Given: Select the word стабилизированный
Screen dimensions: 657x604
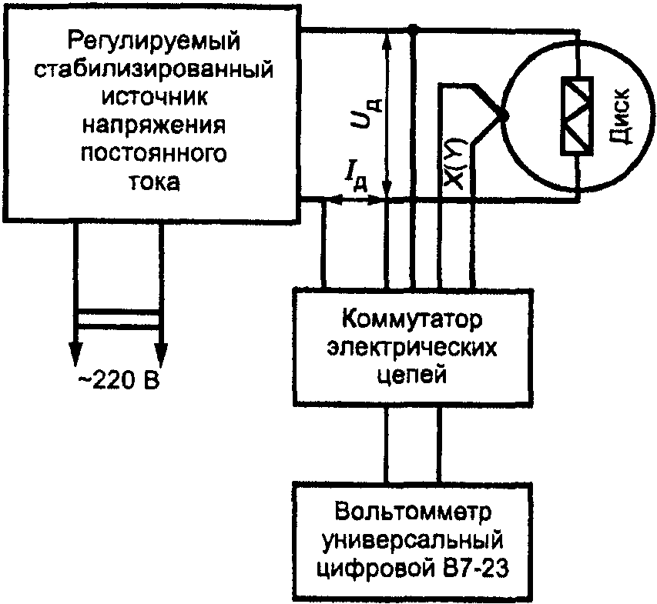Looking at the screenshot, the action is pyautogui.click(x=153, y=69).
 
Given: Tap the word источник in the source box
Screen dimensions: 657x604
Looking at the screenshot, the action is pyautogui.click(x=154, y=98).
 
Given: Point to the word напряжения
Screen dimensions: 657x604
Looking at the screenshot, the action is pyautogui.click(x=154, y=125).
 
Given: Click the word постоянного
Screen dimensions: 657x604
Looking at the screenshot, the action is pyautogui.click(x=154, y=154).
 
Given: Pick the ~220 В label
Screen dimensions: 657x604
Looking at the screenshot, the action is pyautogui.click(x=119, y=381).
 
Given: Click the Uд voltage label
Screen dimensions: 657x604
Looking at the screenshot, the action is pyautogui.click(x=365, y=112).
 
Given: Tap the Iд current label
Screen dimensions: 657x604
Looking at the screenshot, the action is pyautogui.click(x=356, y=180).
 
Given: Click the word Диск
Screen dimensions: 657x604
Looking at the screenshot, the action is pyautogui.click(x=619, y=115).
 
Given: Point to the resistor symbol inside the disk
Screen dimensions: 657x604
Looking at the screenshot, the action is pyautogui.click(x=577, y=116).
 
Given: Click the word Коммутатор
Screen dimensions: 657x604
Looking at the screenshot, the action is pyautogui.click(x=412, y=320).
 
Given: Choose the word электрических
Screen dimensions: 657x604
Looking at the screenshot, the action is pyautogui.click(x=412, y=348).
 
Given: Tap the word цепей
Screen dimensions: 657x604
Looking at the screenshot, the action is pyautogui.click(x=412, y=375).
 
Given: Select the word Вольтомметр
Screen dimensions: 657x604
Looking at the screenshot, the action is pyautogui.click(x=413, y=512).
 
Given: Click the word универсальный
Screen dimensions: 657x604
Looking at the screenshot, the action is pyautogui.click(x=413, y=540).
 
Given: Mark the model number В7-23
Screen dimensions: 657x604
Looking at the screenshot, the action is pyautogui.click(x=474, y=568).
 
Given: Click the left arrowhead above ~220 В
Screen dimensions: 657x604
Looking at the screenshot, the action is pyautogui.click(x=75, y=353).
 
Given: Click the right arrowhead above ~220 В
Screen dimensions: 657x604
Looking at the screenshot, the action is pyautogui.click(x=160, y=353).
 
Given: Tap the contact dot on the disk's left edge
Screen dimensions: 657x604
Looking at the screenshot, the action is pyautogui.click(x=504, y=116).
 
